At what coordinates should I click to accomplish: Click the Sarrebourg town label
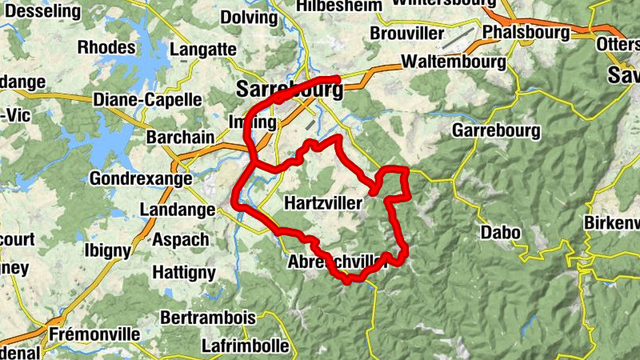point(290,89)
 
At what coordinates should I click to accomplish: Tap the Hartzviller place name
point(323,204)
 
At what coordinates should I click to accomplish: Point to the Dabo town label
point(501,233)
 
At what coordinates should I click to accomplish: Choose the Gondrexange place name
point(141,178)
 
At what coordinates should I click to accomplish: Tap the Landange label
point(178,210)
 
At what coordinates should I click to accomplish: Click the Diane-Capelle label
point(147,100)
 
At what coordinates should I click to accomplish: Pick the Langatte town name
point(203,50)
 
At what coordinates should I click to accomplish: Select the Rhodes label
point(106,47)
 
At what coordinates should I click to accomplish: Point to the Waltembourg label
point(453,62)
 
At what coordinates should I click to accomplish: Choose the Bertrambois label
point(208,318)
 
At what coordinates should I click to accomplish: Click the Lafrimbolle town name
point(246,346)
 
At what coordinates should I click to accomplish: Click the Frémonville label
point(94,334)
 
